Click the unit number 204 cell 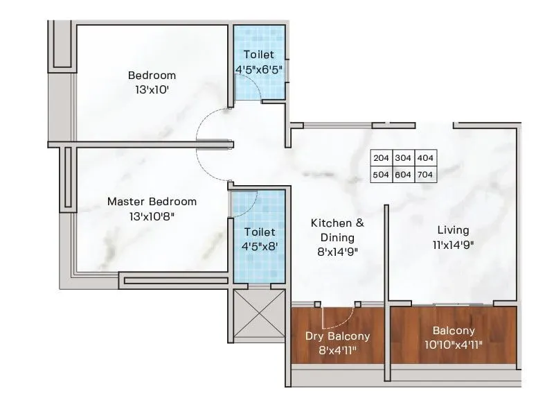381,158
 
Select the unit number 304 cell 403,158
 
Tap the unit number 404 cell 425,158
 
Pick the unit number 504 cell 381,175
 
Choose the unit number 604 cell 403,175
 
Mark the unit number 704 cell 425,175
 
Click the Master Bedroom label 152,202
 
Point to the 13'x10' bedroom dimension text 152,89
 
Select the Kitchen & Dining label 337,230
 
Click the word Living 453,230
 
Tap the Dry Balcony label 337,336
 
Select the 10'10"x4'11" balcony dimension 454,345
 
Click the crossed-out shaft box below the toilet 259,313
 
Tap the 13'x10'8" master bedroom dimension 152,216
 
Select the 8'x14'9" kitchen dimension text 337,252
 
